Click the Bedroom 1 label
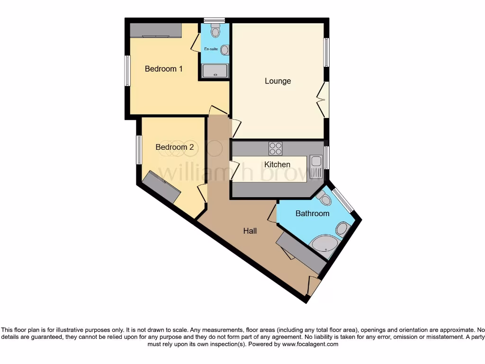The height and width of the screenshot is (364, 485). (x=163, y=69)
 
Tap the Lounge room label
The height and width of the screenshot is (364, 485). (x=278, y=81)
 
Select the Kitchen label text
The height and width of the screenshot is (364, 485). (x=277, y=164)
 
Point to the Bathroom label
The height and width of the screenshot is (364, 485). (x=312, y=213)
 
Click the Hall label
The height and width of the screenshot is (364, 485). (x=250, y=231)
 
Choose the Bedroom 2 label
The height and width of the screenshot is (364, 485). (x=174, y=147)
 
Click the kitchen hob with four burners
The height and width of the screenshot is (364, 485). (x=275, y=148)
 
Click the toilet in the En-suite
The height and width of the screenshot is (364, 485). (x=216, y=32)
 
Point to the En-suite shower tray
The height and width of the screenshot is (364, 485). (x=215, y=71)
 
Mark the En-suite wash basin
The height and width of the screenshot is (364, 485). (x=225, y=49)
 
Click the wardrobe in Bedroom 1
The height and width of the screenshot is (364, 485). (x=155, y=30)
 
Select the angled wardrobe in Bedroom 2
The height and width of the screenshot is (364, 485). (x=162, y=187)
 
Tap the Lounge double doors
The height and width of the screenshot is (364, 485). (x=324, y=100)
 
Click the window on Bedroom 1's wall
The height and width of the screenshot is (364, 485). (x=127, y=71)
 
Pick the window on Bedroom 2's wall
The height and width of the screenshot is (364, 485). (x=139, y=150)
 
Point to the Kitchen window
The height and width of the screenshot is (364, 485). (x=327, y=158)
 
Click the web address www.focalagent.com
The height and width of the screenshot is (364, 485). (x=310, y=344)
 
